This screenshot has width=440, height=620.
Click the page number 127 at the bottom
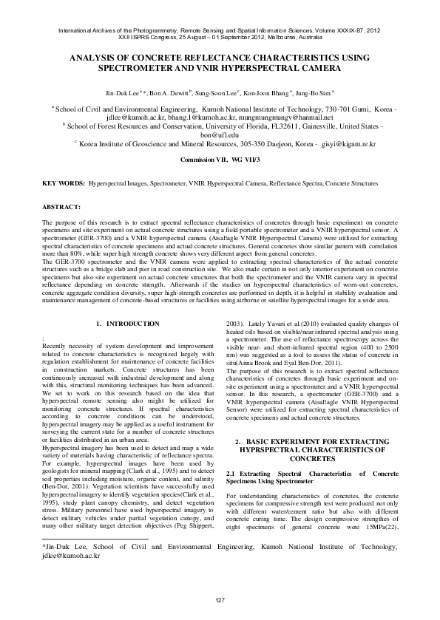220,599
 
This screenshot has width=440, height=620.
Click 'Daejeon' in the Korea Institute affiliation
269,145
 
